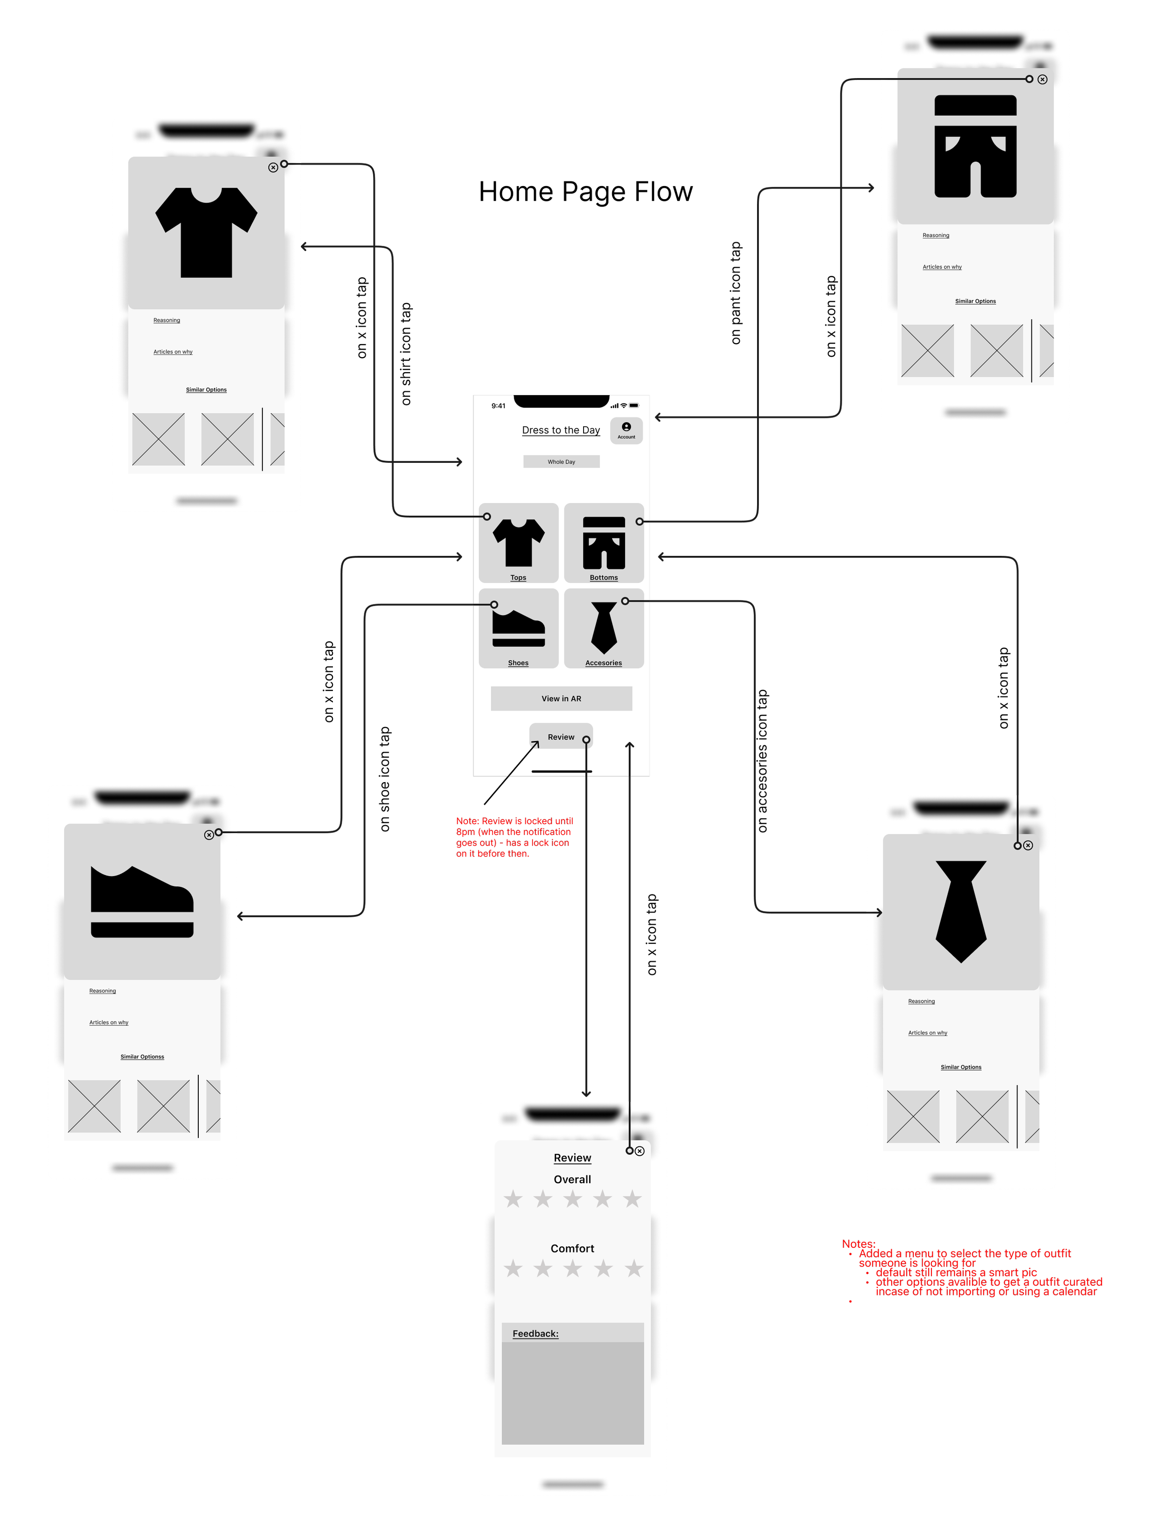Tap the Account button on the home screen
626,430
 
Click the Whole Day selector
561,461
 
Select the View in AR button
561,698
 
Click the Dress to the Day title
561,430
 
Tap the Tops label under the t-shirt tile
519,577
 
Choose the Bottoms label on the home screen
603,577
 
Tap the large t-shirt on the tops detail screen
206,232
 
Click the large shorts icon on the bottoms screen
975,146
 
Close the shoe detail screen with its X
209,835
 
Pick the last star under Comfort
633,1268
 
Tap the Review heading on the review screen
572,1158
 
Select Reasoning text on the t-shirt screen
166,321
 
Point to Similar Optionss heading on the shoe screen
142,1057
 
